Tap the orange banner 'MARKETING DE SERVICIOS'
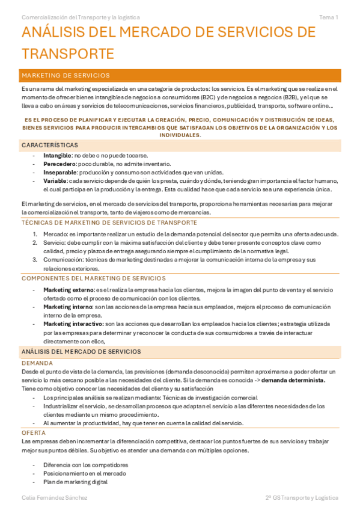66,76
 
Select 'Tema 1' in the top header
328,17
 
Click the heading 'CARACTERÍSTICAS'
49,146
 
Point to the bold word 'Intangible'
57,155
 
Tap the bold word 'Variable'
55,181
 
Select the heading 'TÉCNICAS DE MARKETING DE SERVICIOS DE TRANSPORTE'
108,223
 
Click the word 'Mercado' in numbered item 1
55,234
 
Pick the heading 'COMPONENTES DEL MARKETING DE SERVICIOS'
93,278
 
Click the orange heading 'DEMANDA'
37,363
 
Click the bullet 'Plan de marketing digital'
75,482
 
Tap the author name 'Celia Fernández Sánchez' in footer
54,498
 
